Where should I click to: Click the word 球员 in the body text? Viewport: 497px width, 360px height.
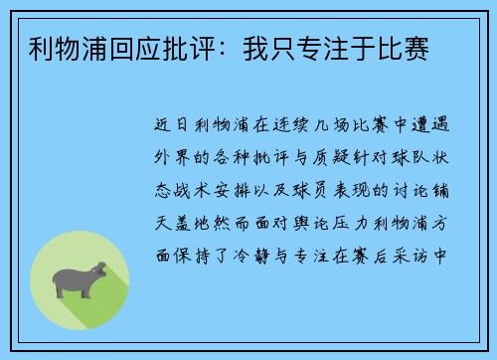pos(309,186)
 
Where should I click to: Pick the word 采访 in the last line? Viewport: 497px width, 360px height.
pos(416,245)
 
